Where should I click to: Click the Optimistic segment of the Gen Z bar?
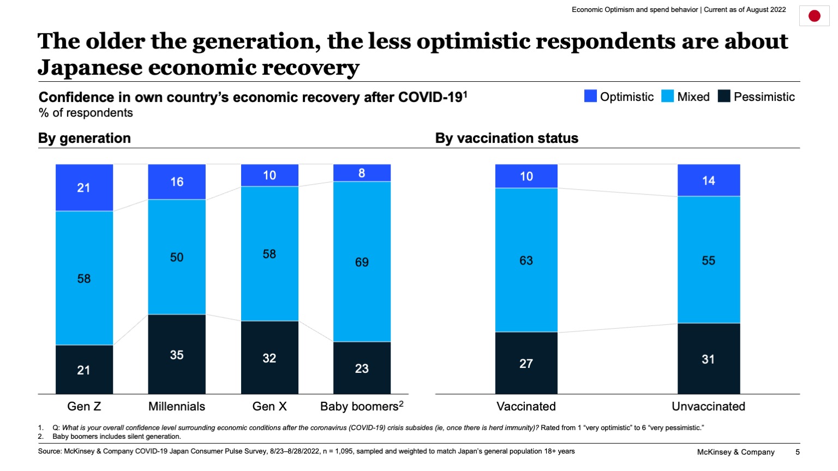(x=84, y=188)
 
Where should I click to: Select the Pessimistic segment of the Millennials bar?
(x=177, y=354)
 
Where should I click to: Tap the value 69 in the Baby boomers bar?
(x=362, y=262)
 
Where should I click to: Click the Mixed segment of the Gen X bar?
(x=270, y=254)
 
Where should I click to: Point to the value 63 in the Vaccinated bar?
(x=526, y=261)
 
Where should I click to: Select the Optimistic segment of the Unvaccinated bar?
(x=708, y=180)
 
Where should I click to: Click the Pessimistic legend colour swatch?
(x=723, y=96)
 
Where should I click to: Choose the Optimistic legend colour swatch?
(x=590, y=96)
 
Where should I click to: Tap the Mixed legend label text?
(x=693, y=97)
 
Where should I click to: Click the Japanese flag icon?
(x=814, y=16)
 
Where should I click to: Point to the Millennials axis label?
(x=177, y=406)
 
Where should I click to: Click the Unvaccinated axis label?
(x=708, y=406)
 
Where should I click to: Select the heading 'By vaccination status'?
(x=506, y=138)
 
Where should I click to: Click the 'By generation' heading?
(x=85, y=138)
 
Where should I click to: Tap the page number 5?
(x=797, y=452)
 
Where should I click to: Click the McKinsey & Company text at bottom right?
(x=735, y=452)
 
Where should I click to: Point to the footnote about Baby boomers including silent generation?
(x=116, y=437)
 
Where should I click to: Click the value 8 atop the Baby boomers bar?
(x=362, y=173)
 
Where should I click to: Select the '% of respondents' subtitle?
(x=86, y=113)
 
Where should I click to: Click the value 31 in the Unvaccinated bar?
(x=708, y=359)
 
